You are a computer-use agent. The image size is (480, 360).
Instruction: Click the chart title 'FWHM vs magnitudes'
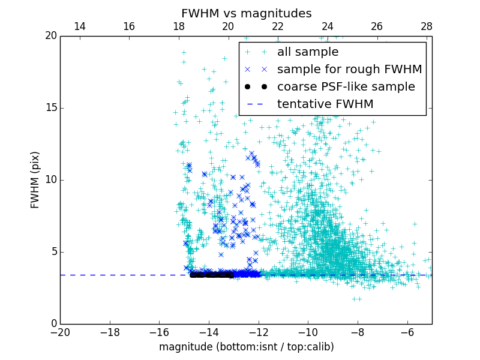coord(246,13)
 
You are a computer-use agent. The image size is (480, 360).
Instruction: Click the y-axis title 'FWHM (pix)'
coord(35,179)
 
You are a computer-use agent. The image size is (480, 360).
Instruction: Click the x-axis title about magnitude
coord(246,347)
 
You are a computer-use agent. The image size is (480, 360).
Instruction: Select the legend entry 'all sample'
coord(307,52)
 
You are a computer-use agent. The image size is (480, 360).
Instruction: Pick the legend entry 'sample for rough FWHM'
coord(349,70)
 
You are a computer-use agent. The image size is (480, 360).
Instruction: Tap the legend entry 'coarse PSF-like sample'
coord(346,87)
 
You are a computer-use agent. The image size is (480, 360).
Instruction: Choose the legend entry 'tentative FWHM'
coord(325,104)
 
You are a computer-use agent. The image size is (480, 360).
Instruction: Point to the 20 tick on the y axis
coord(50,36)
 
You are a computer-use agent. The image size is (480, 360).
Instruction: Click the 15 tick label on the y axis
coord(50,108)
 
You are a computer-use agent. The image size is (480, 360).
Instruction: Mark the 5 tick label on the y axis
coord(53,252)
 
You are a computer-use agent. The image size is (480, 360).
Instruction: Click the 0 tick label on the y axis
coord(53,324)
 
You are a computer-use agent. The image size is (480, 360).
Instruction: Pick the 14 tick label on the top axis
coord(79,26)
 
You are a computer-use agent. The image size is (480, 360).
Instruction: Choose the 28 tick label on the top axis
coord(427,26)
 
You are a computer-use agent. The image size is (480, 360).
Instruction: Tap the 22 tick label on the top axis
coord(278,26)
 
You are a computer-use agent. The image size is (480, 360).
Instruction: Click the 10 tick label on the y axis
coord(50,180)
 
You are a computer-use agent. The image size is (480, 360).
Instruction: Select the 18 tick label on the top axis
coord(179,26)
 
